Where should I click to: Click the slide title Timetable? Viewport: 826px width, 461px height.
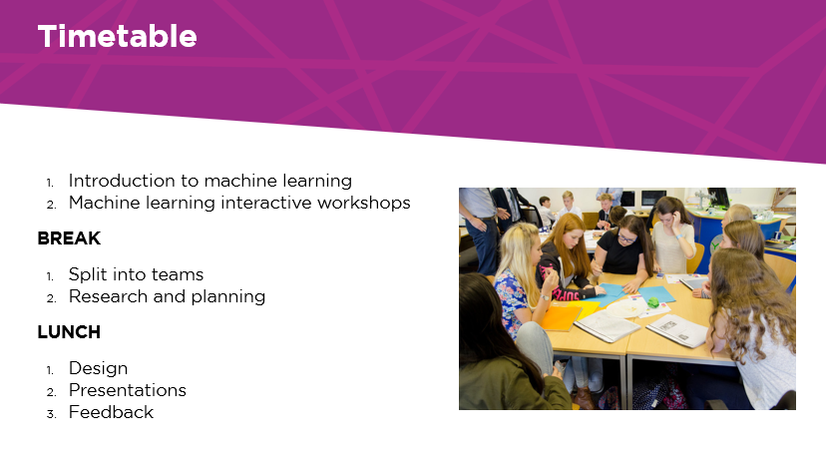point(118,36)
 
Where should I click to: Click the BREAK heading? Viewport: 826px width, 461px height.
point(69,238)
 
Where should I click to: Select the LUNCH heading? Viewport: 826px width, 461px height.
point(69,332)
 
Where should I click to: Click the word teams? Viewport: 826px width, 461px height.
point(177,274)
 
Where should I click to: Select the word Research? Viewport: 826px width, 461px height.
point(108,296)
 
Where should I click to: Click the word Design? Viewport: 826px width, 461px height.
point(99,369)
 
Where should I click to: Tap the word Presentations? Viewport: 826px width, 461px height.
point(128,390)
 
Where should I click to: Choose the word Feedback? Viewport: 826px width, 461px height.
point(111,412)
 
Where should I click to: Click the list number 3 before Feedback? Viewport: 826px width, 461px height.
point(51,415)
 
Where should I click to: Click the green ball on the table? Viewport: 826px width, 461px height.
point(653,302)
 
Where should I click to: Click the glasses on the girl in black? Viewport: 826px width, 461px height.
point(626,238)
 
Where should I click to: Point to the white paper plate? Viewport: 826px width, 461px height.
point(625,308)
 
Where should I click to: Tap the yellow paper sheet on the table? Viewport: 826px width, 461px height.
point(586,308)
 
